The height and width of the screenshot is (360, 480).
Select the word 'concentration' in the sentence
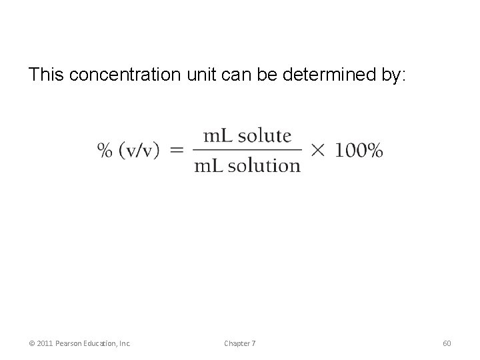pyautogui.click(x=125, y=75)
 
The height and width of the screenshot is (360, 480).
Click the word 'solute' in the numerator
pyautogui.click(x=265, y=136)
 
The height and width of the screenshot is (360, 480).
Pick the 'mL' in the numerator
pyautogui.click(x=219, y=136)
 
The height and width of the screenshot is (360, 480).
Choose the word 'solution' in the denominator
pyautogui.click(x=264, y=166)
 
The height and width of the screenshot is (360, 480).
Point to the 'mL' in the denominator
pyautogui.click(x=209, y=166)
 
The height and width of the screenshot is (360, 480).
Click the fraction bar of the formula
pyautogui.click(x=247, y=151)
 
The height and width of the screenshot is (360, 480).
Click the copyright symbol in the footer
pyautogui.click(x=31, y=343)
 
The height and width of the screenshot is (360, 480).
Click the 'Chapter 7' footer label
pyautogui.click(x=239, y=343)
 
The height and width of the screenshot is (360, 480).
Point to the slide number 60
pyautogui.click(x=447, y=343)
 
